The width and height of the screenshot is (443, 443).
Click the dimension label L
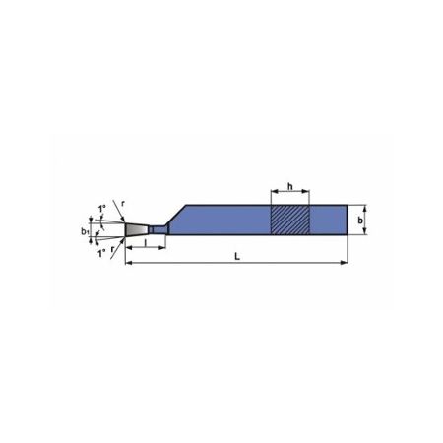[x=237, y=256]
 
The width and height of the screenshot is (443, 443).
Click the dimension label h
[x=290, y=186]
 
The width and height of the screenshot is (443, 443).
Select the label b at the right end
[x=360, y=221]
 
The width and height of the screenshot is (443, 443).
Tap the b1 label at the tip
[x=85, y=231]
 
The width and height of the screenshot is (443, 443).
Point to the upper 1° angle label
[x=101, y=209]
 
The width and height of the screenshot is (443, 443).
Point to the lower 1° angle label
[x=101, y=253]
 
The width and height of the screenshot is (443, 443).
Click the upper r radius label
[x=123, y=204]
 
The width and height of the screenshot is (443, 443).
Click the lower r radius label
[x=112, y=249]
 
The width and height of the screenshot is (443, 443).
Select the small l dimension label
[x=146, y=242]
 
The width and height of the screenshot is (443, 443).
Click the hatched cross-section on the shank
[x=290, y=220]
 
